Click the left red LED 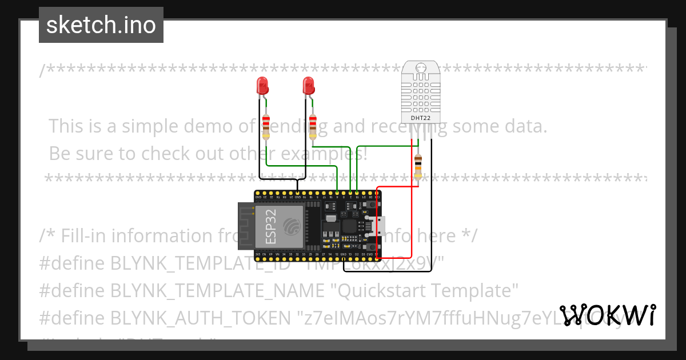(262, 86)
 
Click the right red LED (309, 86)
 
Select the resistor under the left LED (266, 126)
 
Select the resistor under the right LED (313, 126)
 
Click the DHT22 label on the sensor (421, 118)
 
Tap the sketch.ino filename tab (101, 25)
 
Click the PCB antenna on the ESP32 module (246, 226)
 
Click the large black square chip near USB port (349, 227)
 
